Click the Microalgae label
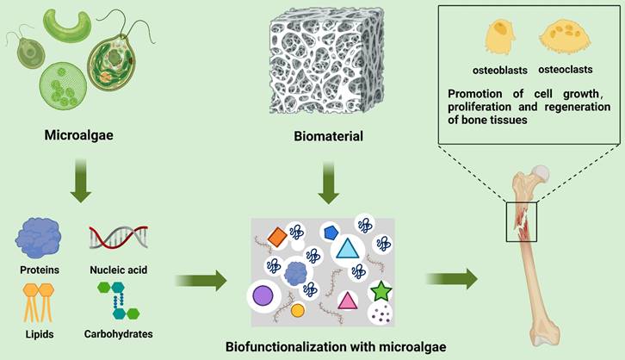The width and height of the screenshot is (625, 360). pos(78,135)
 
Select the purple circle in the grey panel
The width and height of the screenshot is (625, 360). pos(263,297)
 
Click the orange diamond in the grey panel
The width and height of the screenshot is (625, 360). pos(275,235)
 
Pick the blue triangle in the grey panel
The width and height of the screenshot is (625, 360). pos(346,250)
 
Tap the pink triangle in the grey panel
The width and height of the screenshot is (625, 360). pos(347,300)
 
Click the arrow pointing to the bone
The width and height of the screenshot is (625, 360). pos(454,278)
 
